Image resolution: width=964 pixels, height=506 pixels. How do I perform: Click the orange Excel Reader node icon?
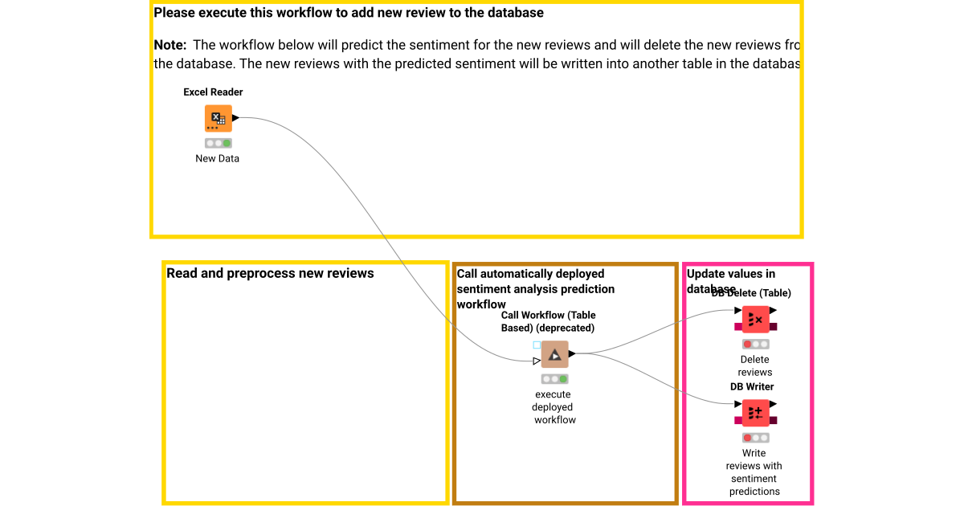218,119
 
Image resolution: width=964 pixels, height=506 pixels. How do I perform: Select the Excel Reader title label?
213,92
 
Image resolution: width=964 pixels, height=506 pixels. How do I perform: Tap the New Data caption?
217,158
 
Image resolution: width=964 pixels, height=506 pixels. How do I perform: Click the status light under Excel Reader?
218,143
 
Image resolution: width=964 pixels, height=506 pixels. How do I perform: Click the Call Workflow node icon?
554,354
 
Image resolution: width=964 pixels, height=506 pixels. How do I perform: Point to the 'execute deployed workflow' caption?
554,407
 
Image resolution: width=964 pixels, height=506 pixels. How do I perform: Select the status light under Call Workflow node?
554,378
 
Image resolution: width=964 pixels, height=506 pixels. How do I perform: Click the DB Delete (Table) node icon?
755,320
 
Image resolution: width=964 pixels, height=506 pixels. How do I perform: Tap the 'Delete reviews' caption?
755,365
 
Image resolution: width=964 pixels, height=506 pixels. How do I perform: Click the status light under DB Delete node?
755,344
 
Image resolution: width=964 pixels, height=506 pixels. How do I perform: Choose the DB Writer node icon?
755,413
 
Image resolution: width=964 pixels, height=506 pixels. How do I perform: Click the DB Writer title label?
752,386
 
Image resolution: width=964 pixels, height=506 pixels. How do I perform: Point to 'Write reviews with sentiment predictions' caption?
754,472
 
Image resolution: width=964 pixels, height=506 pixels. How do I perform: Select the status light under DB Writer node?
755,438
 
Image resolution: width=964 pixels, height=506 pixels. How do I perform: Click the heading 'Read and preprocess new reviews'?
270,274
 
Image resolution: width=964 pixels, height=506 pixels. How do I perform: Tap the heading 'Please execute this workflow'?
349,13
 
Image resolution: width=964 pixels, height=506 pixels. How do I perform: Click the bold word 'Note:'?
170,46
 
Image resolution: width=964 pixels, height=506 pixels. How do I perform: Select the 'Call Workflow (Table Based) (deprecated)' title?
548,321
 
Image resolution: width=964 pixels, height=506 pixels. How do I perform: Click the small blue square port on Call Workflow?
537,345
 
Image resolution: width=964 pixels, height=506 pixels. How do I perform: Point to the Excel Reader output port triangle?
236,118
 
